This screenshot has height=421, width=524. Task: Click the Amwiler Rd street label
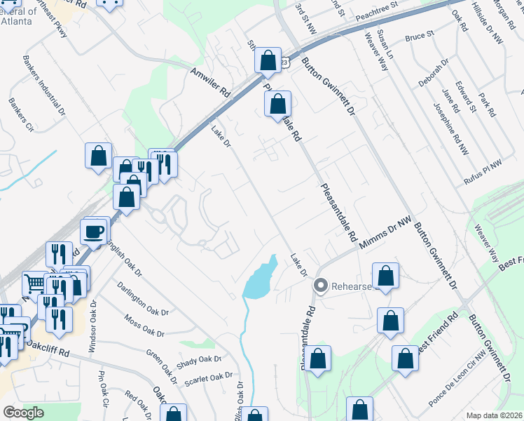coord(209,81)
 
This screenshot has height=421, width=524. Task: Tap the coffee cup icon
coord(93,232)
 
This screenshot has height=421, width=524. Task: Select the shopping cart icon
coord(34,283)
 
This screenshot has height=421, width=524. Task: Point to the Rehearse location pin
coord(322,286)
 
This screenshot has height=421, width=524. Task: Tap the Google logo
coord(24,412)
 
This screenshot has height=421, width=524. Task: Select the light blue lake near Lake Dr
coord(261,278)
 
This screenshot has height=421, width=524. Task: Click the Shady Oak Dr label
coord(199,359)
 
